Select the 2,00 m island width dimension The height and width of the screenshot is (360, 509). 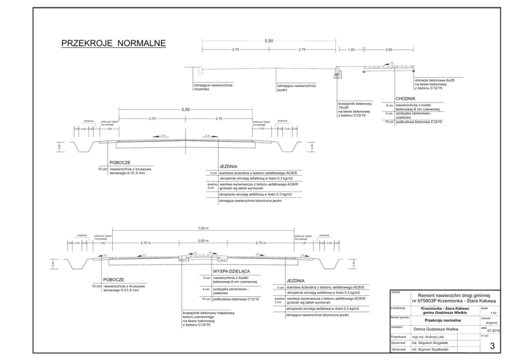point(203,241)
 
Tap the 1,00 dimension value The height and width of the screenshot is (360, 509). point(351,49)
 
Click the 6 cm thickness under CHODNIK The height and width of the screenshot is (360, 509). point(389,105)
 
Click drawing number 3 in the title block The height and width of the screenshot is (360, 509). point(491,346)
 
